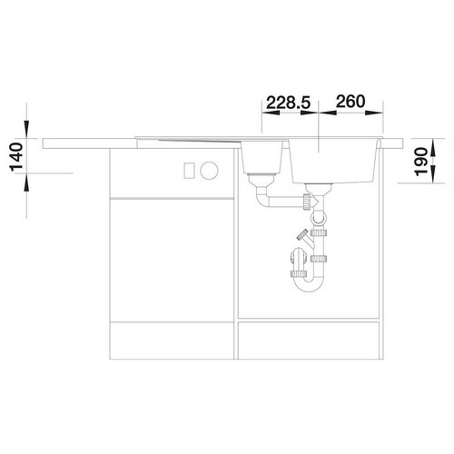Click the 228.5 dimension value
(x=289, y=103)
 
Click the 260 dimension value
(x=350, y=102)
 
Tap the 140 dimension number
(x=16, y=157)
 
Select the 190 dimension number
(x=421, y=161)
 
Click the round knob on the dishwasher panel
(x=209, y=171)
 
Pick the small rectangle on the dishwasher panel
(x=189, y=171)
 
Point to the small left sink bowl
(x=262, y=157)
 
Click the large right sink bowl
(x=334, y=162)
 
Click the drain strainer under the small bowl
(x=262, y=179)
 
